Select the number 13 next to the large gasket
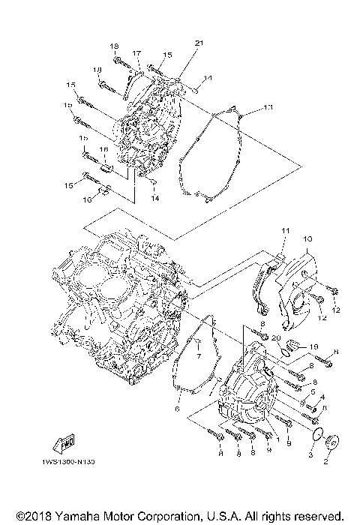pos(268,108)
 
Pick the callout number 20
pos(277,338)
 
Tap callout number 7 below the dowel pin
pos(199,356)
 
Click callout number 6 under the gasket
pos(178,409)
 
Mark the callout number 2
pos(325,463)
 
